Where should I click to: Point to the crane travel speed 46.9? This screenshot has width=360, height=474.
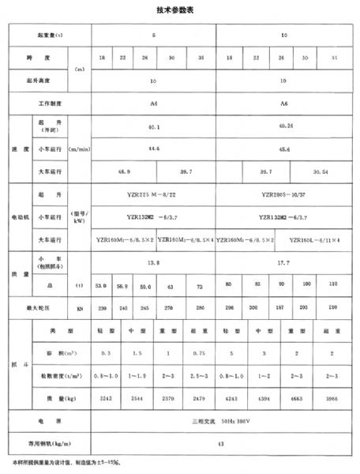[124, 170]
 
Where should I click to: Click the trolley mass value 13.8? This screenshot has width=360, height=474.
[155, 260]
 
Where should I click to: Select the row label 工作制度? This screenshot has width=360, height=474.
[50, 103]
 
